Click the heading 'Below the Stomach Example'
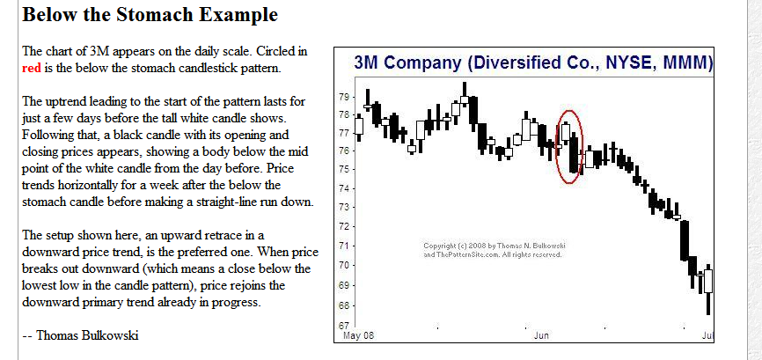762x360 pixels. coord(150,15)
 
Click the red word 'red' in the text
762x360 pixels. coord(32,67)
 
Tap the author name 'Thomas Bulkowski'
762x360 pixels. coord(87,335)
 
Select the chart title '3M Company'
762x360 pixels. coord(407,63)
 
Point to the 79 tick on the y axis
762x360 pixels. coord(344,96)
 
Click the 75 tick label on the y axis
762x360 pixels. coord(344,169)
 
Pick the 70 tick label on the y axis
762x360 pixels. coord(344,265)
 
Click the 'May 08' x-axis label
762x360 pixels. coord(359,335)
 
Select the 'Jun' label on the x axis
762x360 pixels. coord(541,335)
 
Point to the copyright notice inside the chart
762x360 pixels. coord(492,250)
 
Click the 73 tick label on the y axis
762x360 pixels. coord(344,207)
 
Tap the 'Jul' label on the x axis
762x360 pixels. coord(707,335)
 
